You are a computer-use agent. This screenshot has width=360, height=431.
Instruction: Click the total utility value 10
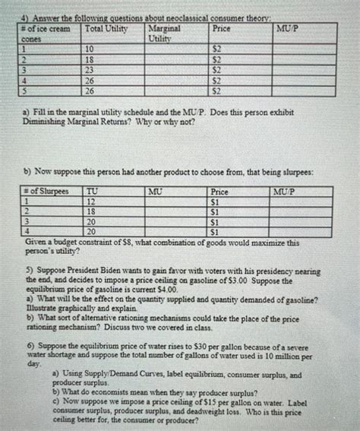point(88,48)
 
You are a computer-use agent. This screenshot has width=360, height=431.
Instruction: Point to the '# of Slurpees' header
point(46,192)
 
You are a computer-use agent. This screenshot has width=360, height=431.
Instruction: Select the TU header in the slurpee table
point(93,192)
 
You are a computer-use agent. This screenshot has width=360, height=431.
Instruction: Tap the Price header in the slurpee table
point(219,192)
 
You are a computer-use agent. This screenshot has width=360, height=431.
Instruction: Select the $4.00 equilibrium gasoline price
point(165,290)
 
